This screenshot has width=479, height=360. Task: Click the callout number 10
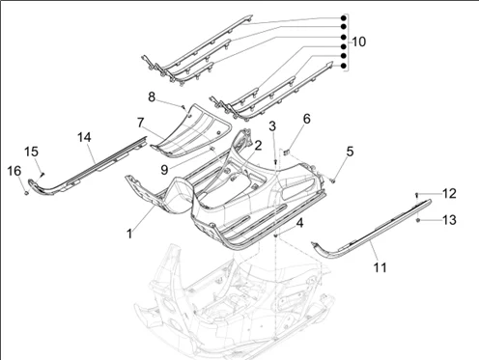point(359,42)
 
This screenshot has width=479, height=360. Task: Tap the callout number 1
point(129,234)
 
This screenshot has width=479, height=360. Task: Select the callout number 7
point(140,123)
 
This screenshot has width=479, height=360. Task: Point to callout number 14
point(84,137)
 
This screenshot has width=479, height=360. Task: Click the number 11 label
point(380,267)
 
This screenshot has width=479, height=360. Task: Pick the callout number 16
point(14,171)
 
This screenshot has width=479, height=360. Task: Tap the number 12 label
point(449,193)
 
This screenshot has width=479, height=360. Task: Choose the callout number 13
point(449,220)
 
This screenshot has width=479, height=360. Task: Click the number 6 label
point(307,119)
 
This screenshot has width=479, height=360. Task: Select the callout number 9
point(164,170)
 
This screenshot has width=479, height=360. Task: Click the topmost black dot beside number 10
point(344,18)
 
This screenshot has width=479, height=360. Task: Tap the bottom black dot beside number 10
point(344,66)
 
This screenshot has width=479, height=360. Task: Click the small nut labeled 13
point(418,220)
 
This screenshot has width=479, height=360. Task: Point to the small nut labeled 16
point(26,193)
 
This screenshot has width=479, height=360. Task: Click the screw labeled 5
point(332,181)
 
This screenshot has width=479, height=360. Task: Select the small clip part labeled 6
point(287,152)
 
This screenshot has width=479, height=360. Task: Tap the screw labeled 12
point(417,194)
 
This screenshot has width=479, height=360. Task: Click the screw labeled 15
point(42,174)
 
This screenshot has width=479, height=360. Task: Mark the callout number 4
point(299,223)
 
